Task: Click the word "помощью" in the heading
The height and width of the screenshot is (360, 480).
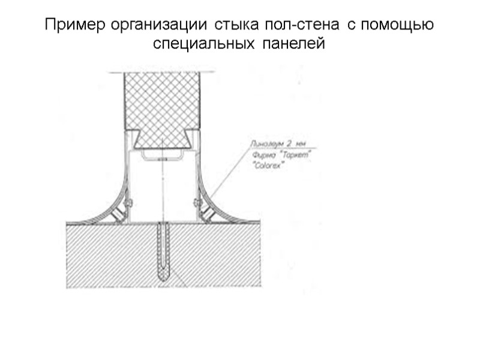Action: click(400, 26)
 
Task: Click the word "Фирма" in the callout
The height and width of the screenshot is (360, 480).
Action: click(262, 155)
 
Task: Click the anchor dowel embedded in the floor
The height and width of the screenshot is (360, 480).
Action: click(164, 252)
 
